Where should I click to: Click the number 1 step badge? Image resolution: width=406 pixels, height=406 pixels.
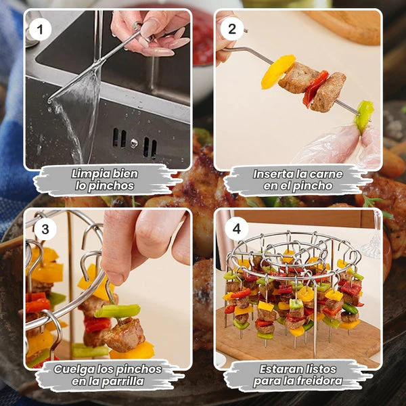(40, 29)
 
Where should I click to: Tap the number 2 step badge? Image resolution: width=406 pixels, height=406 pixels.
(232, 29)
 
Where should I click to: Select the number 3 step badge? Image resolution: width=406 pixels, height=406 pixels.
(45, 229)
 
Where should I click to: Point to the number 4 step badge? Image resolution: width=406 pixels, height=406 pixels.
(236, 229)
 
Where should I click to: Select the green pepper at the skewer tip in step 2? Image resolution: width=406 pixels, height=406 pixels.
(364, 116)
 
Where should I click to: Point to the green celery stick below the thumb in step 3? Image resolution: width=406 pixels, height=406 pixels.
(118, 311)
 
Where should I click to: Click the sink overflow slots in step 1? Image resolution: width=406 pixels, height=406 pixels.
(135, 143)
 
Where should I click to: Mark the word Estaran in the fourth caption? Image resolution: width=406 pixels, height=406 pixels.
(277, 369)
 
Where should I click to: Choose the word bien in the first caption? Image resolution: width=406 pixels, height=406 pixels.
(125, 173)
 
